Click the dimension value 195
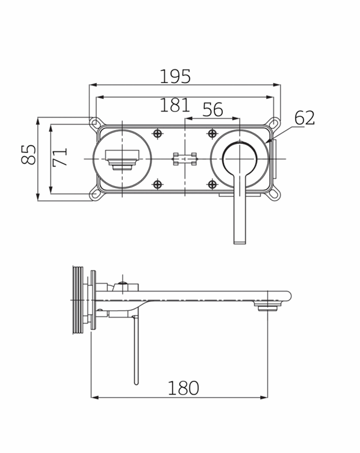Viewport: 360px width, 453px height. click(x=175, y=77)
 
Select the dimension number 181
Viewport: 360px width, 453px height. click(x=175, y=105)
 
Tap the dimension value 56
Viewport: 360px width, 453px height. click(x=213, y=110)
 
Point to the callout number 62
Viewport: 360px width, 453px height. click(x=305, y=117)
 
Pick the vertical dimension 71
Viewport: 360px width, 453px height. click(x=60, y=158)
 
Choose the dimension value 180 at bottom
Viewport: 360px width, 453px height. click(x=184, y=387)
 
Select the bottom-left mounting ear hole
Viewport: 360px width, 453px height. click(x=95, y=194)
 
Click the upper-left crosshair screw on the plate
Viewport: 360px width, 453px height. click(x=158, y=133)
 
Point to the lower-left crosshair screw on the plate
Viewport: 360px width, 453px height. click(x=158, y=184)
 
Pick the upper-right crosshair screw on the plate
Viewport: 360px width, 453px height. click(x=211, y=133)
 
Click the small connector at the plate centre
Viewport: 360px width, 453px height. click(x=184, y=159)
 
